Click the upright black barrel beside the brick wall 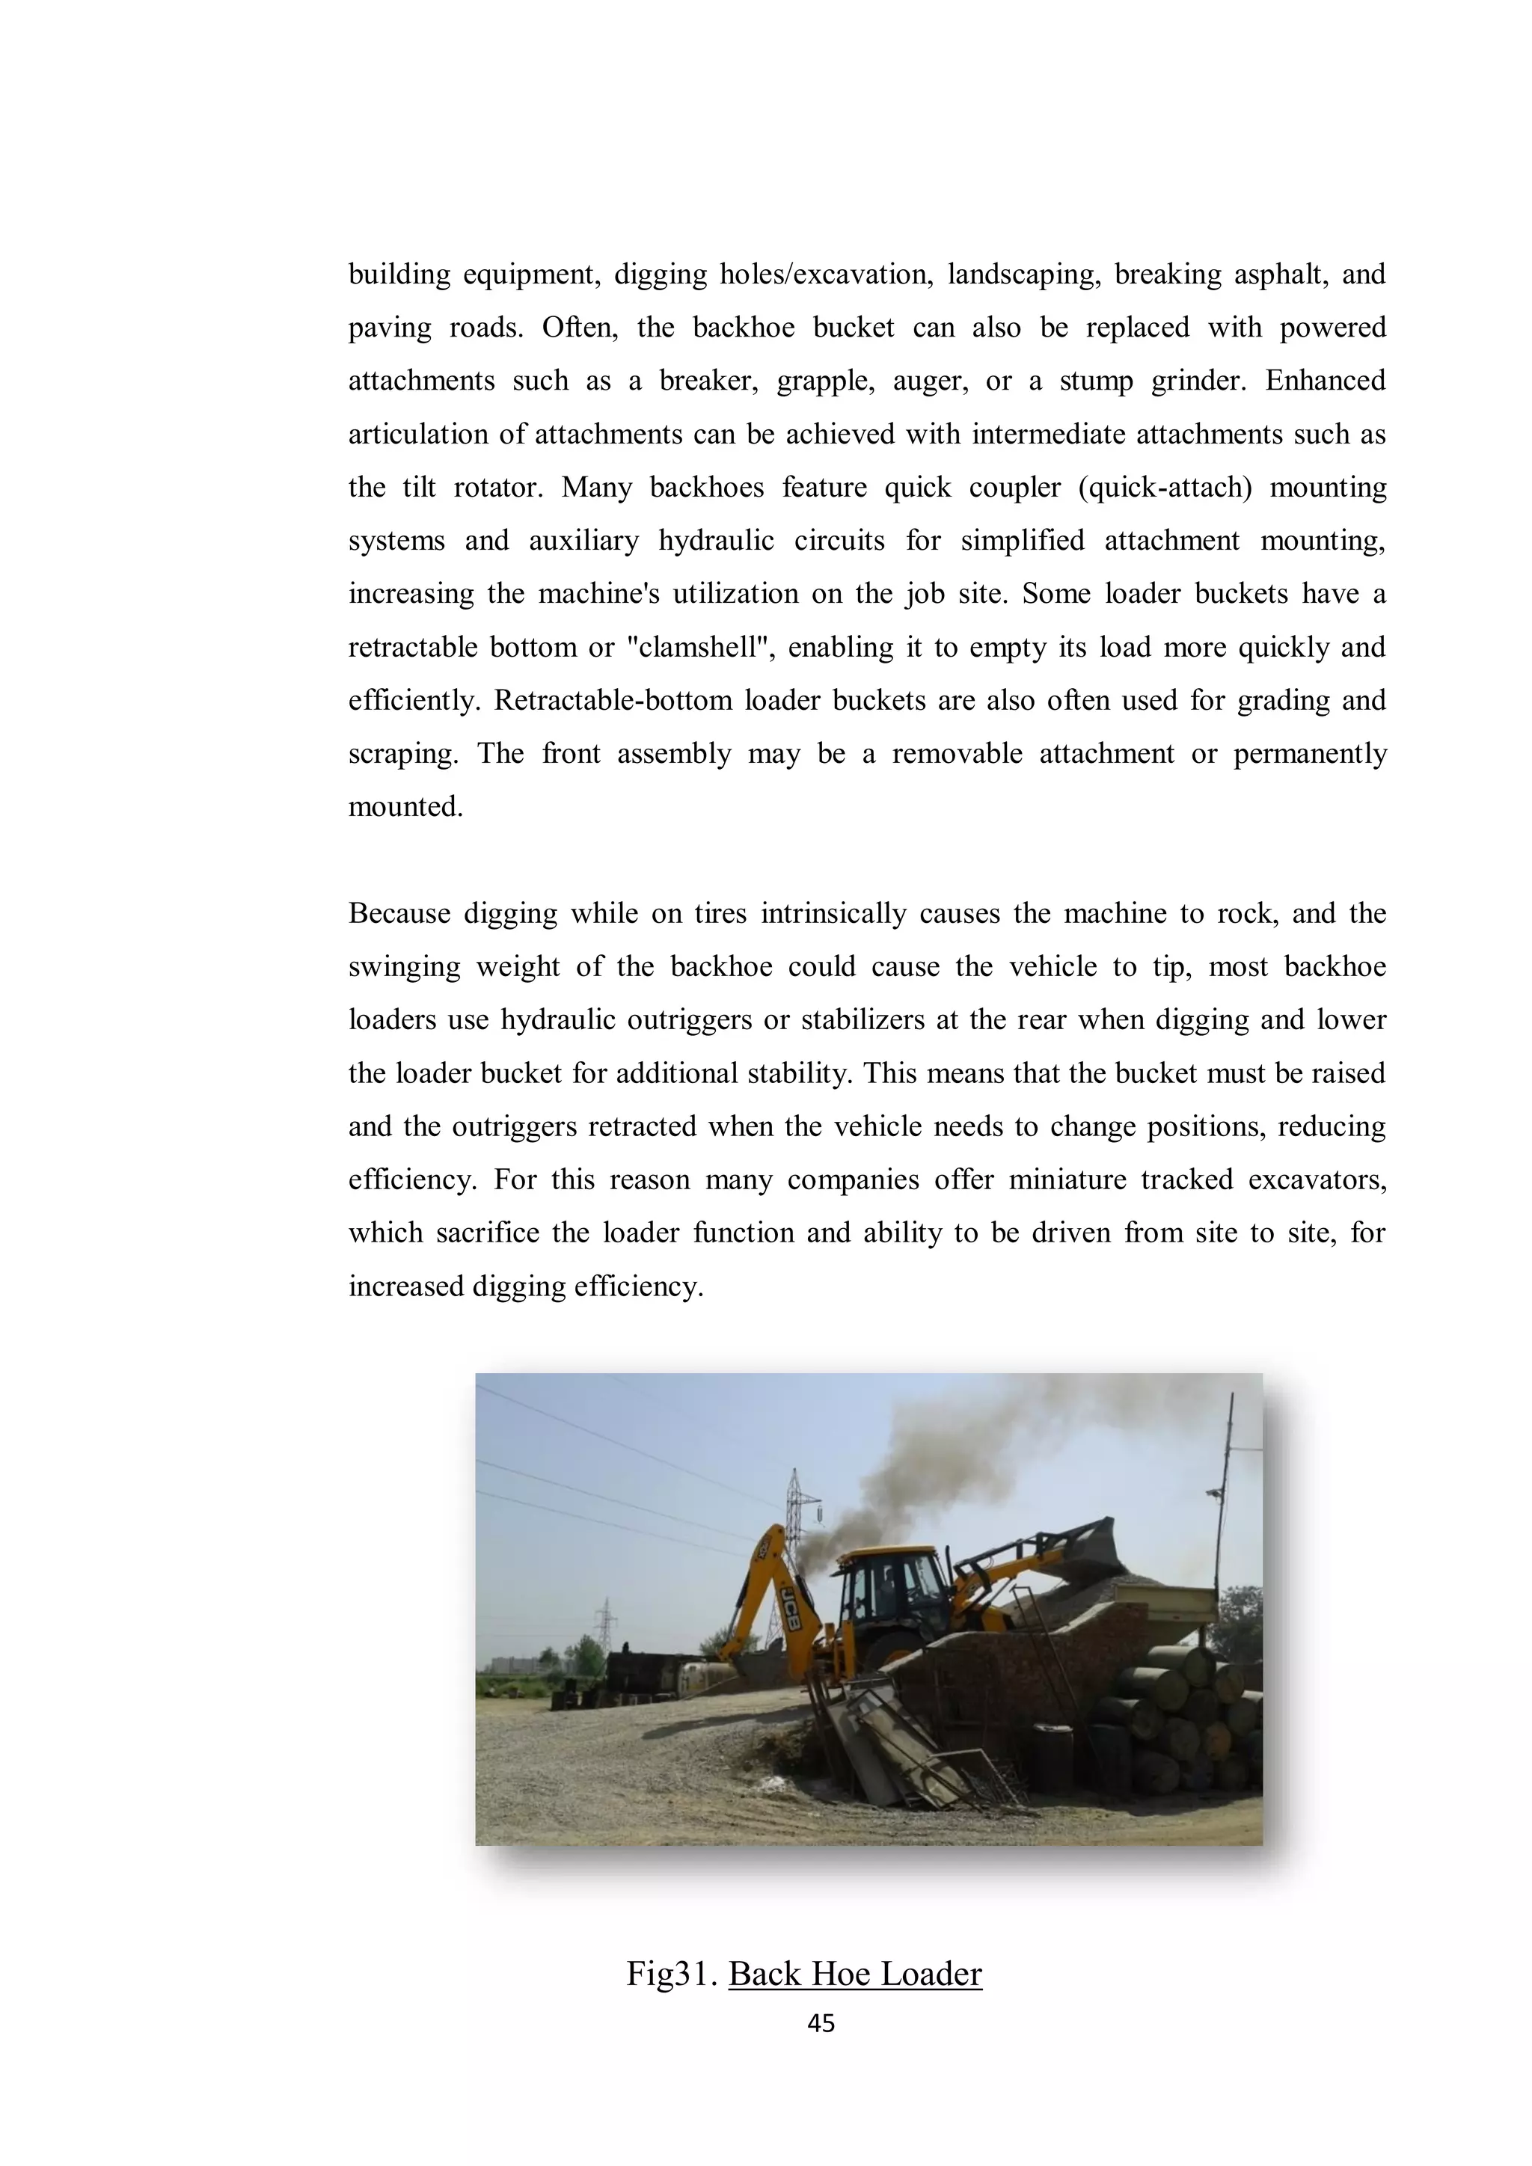point(1052,1757)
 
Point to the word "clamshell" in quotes point(699,647)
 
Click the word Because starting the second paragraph point(398,913)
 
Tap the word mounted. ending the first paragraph point(405,806)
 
